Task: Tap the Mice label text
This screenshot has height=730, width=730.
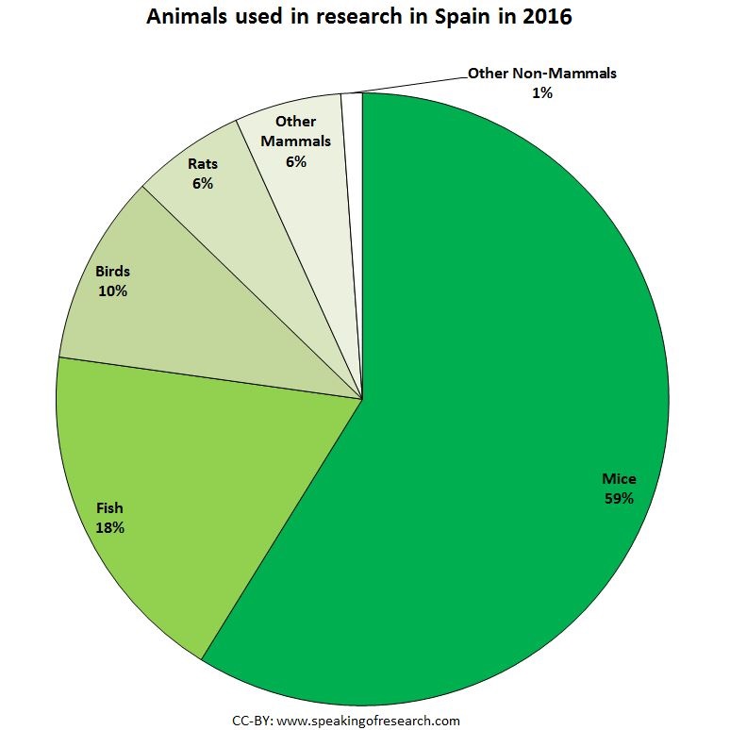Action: click(618, 478)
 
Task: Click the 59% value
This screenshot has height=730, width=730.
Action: click(618, 497)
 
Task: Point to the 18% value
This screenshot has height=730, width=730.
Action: click(109, 527)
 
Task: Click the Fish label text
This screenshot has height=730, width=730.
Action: click(109, 508)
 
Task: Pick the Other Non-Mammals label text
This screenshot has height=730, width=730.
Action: click(541, 74)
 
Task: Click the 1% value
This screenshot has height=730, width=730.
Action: click(541, 92)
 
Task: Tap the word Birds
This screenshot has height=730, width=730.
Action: click(112, 272)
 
